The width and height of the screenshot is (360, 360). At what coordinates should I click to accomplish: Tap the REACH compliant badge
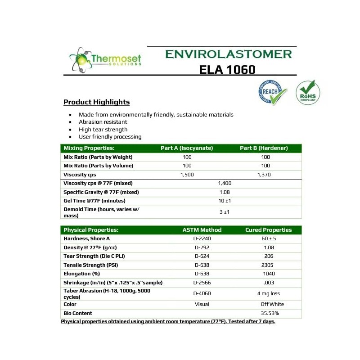coord(272,93)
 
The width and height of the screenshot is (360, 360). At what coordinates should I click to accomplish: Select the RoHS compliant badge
coord(308,92)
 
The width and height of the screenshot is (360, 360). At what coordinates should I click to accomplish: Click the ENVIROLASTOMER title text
coord(228,54)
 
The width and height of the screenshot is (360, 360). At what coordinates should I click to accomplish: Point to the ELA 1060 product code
coord(227,69)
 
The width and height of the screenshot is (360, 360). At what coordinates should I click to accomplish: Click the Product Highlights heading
coord(96,102)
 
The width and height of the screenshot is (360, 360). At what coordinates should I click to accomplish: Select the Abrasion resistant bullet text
coord(103,122)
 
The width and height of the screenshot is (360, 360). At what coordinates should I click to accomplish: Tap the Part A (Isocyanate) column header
coord(187,148)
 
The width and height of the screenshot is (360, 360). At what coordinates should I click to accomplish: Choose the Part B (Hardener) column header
coord(265,148)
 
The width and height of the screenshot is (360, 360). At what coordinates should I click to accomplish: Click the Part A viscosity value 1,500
coord(187,175)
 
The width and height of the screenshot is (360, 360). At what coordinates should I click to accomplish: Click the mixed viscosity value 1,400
coord(224,183)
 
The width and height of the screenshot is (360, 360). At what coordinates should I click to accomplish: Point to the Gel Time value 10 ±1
coord(224,201)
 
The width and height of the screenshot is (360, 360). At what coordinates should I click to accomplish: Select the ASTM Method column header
coord(202,230)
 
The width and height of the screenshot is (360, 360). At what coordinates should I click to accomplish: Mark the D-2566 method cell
coord(202,283)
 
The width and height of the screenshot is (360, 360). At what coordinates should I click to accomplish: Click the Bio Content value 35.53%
coord(270,313)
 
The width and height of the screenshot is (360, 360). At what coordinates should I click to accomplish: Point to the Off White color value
coord(272,304)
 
